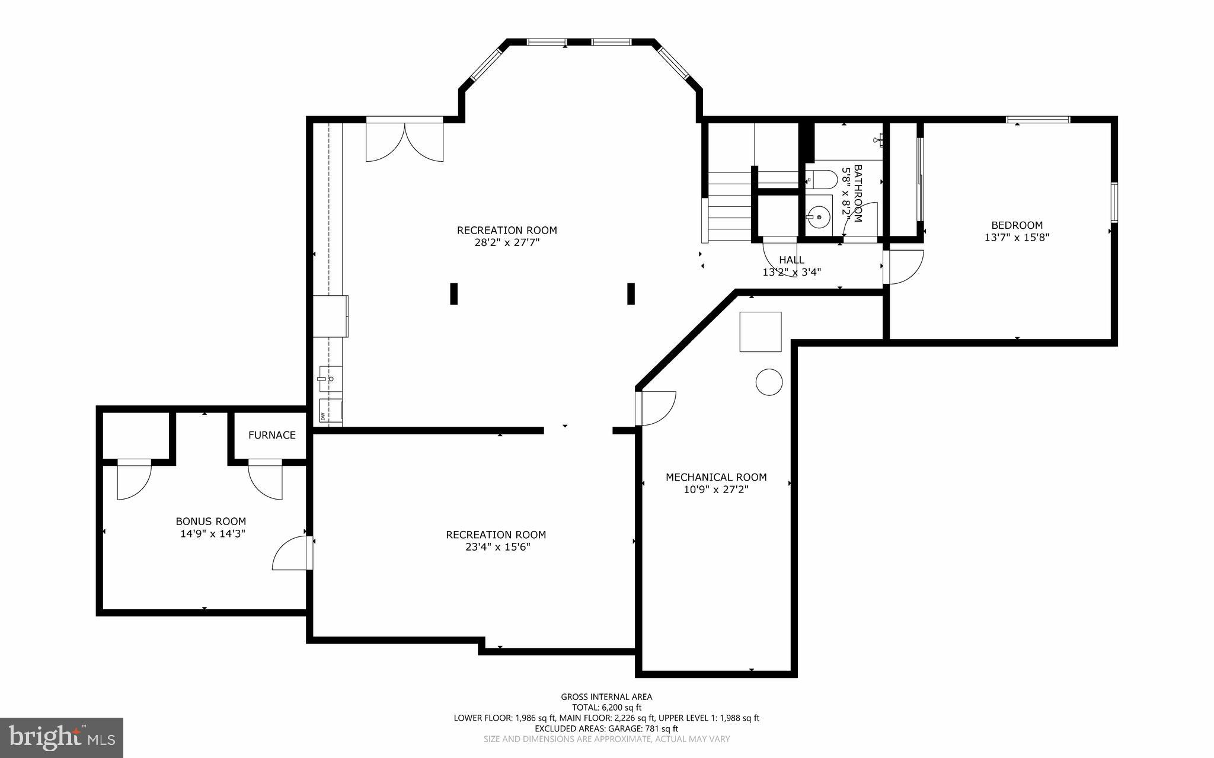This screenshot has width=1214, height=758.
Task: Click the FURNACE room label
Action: click(271, 435)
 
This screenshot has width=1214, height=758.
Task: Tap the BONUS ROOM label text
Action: click(210, 522)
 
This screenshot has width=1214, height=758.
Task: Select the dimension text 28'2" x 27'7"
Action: click(507, 242)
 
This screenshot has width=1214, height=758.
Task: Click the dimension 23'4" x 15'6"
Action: click(497, 547)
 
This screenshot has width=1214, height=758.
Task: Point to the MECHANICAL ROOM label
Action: click(715, 477)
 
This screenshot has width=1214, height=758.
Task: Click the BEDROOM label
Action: click(1017, 225)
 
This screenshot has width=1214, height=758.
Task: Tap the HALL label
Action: click(791, 260)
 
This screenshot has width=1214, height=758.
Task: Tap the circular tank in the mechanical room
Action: click(769, 382)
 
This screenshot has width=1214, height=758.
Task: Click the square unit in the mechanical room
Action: click(760, 332)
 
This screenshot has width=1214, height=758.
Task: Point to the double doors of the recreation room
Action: click(404, 141)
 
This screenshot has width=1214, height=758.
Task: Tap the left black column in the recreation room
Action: click(453, 294)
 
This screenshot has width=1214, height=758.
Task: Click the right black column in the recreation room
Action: click(631, 294)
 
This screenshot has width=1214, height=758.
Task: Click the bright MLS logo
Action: click(62, 737)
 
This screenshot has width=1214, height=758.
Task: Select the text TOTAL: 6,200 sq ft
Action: click(606, 707)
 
